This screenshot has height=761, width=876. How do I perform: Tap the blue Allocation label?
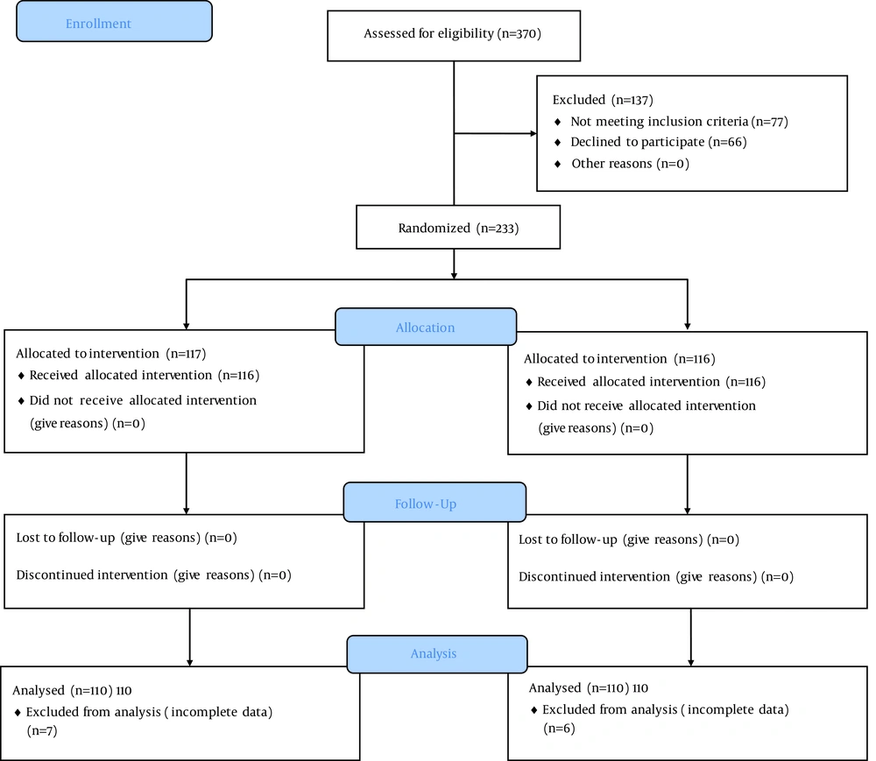click(425, 328)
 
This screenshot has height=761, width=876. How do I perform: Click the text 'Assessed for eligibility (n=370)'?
click(453, 33)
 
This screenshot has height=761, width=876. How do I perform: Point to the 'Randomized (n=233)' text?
click(458, 228)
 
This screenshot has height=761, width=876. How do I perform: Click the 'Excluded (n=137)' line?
click(603, 100)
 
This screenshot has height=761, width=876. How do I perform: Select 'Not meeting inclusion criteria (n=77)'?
click(680, 122)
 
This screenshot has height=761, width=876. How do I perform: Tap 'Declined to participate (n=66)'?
click(659, 143)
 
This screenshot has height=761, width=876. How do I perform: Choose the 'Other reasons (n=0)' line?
click(630, 164)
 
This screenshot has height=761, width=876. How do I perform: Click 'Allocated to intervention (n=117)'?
click(110, 354)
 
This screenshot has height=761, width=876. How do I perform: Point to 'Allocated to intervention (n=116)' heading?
click(619, 358)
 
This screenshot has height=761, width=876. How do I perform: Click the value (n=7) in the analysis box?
click(42, 731)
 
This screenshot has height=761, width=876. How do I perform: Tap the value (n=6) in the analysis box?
click(559, 728)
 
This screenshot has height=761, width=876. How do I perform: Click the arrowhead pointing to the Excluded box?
click(533, 133)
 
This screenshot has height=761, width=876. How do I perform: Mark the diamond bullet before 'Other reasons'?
click(557, 164)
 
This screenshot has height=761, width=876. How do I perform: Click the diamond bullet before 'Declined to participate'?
click(557, 143)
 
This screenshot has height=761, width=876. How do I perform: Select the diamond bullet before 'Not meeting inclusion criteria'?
click(557, 122)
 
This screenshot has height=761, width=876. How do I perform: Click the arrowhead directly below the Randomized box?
click(454, 276)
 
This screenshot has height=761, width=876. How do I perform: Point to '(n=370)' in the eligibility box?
click(519, 33)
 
